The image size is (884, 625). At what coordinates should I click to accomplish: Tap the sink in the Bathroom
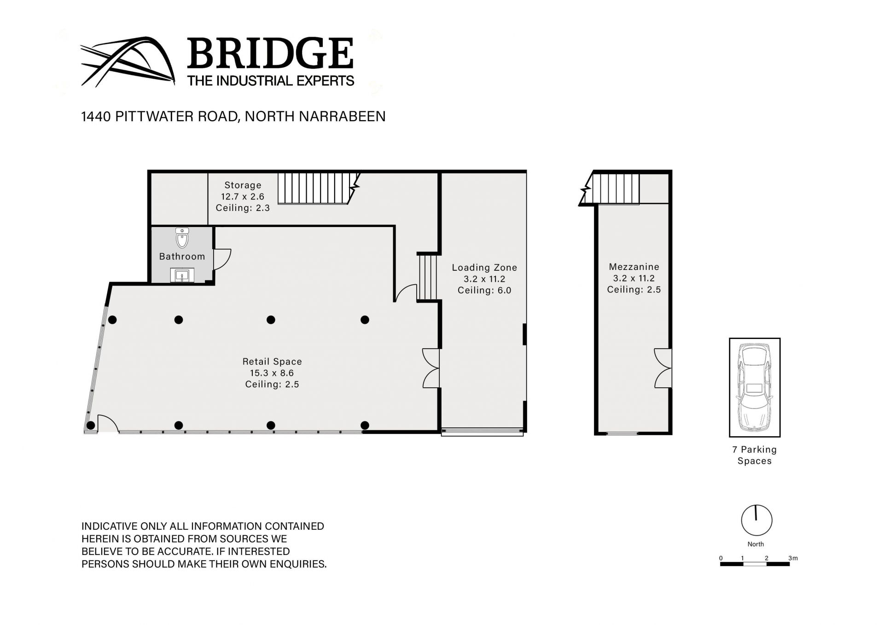182,275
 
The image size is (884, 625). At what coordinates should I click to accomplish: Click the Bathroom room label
182,257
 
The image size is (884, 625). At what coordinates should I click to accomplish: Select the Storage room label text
243,185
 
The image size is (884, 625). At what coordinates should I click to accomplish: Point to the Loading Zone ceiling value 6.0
504,290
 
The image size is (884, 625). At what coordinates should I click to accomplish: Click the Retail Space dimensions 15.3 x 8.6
272,373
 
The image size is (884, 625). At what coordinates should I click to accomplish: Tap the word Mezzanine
634,267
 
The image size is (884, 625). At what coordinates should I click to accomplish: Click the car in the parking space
755,387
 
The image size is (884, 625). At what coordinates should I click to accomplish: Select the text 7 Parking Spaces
755,455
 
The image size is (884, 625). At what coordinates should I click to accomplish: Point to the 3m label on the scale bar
793,558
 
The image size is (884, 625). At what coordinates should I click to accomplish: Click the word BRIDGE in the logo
270,54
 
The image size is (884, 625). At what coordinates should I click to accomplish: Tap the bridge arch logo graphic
128,62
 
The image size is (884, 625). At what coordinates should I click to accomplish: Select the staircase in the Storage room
318,188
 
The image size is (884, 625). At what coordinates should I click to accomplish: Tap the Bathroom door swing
222,260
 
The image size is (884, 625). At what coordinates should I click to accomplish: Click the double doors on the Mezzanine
663,368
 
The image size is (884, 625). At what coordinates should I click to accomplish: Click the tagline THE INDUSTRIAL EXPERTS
271,81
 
